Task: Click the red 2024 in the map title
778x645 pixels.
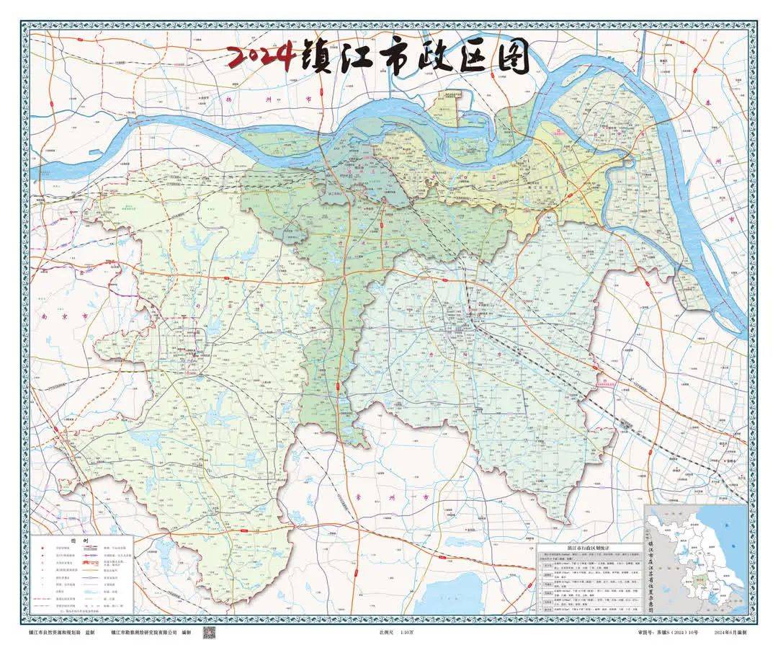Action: coord(260,57)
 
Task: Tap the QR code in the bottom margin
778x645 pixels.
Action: coord(208,633)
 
